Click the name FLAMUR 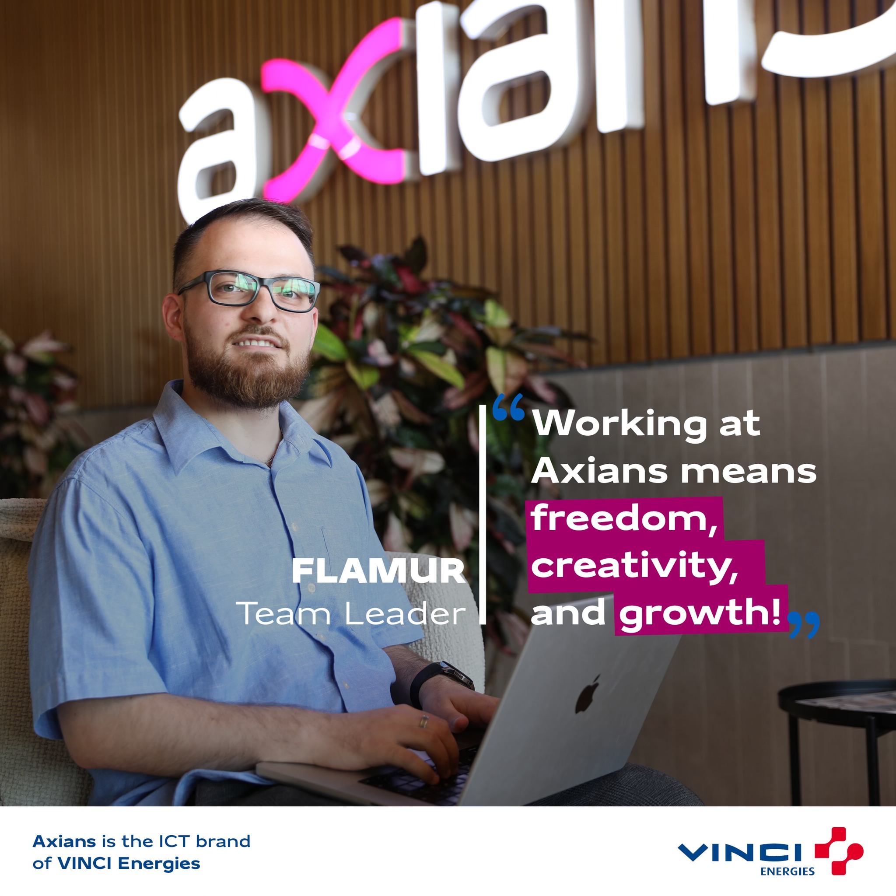(378, 572)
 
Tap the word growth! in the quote (700, 613)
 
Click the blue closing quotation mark (804, 624)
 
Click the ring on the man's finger (423, 721)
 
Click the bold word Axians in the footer (64, 841)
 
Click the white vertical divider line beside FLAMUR (482, 514)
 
